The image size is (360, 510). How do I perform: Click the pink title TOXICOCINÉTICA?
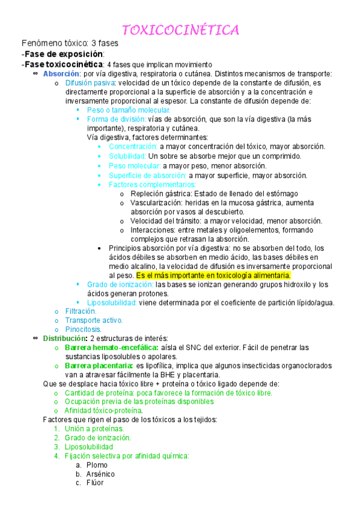click(x=180, y=30)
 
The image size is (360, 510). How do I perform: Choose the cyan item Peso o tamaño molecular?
click(x=120, y=110)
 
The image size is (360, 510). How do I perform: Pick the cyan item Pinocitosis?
click(x=83, y=329)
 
